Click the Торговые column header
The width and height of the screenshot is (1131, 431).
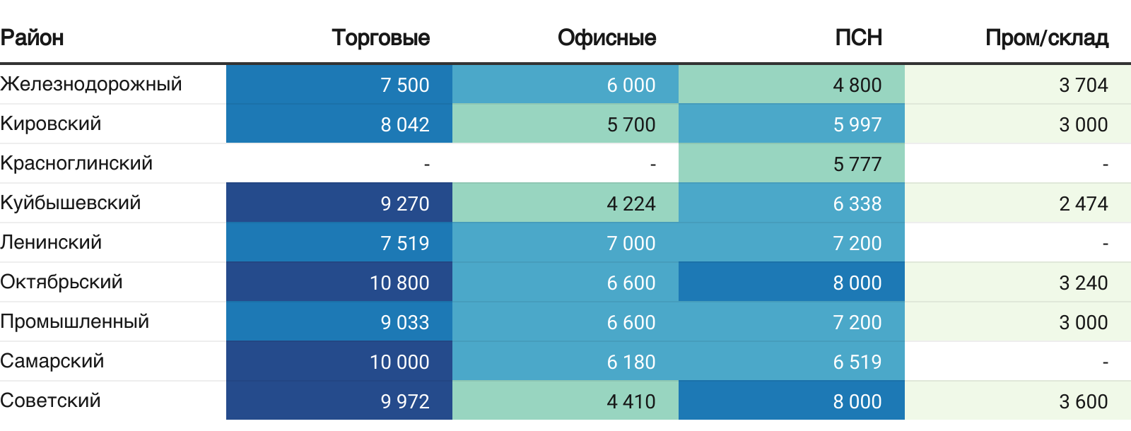(x=380, y=37)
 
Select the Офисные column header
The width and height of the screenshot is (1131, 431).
(x=606, y=37)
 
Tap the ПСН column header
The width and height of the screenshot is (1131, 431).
(x=858, y=37)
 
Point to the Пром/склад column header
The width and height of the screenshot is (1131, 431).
(x=1046, y=37)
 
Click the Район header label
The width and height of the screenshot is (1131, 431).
(x=32, y=37)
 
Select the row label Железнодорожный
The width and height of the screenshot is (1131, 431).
(x=91, y=84)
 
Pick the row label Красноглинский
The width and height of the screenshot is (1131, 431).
(x=76, y=163)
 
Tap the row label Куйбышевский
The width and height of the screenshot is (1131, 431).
(x=71, y=203)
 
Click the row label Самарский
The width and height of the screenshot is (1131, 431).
(x=52, y=361)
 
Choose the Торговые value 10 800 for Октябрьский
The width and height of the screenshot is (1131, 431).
(x=399, y=283)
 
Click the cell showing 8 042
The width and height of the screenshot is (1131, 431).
(x=404, y=124)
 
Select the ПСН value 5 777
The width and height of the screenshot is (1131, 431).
(x=857, y=164)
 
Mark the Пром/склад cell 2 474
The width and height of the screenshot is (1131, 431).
(x=1083, y=203)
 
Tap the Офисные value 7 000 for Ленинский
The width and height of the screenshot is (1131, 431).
(x=631, y=243)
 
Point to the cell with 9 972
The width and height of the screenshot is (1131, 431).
(x=404, y=401)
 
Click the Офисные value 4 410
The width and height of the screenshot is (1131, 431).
(x=631, y=401)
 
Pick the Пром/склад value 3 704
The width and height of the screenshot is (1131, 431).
(x=1083, y=85)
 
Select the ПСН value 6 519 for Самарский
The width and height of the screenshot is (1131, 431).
(x=857, y=362)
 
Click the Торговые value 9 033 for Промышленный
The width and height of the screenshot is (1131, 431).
(x=404, y=322)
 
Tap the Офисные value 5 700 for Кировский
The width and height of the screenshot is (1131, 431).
(x=631, y=124)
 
